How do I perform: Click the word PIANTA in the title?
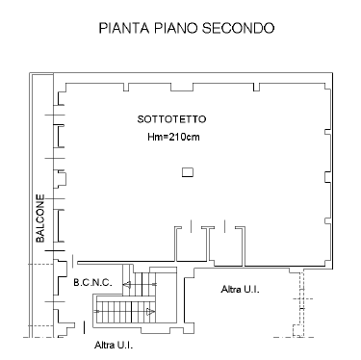coord(124,28)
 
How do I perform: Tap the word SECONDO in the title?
coord(238,28)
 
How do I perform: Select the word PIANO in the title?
coord(175,28)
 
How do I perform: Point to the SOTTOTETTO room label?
coord(171,119)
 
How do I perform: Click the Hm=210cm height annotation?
coord(173,137)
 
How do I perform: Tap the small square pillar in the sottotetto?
coord(188,172)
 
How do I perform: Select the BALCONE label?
coord(40,219)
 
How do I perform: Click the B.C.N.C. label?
coord(92,283)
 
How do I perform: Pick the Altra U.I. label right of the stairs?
coord(240,290)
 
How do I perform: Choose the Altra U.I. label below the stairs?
coord(114,346)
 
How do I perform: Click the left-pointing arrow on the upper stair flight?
coord(127,284)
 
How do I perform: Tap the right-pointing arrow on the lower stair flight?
coord(150,311)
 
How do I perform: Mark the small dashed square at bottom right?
coord(298,330)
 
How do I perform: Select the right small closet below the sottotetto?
coord(227,246)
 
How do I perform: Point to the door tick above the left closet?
coord(192,226)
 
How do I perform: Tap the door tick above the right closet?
coord(224,226)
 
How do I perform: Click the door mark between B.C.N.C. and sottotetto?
coord(73,261)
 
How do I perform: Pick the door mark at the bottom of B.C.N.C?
coord(84,327)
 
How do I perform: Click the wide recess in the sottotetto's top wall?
coord(182,87)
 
